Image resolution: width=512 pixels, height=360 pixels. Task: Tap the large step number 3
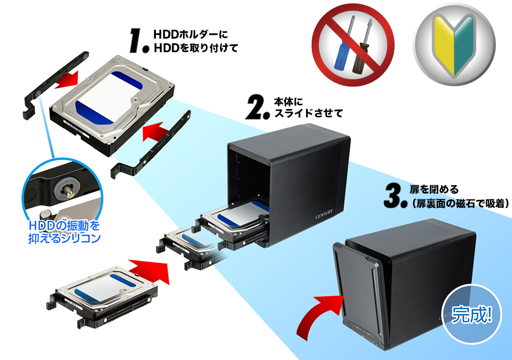(x=394, y=194)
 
